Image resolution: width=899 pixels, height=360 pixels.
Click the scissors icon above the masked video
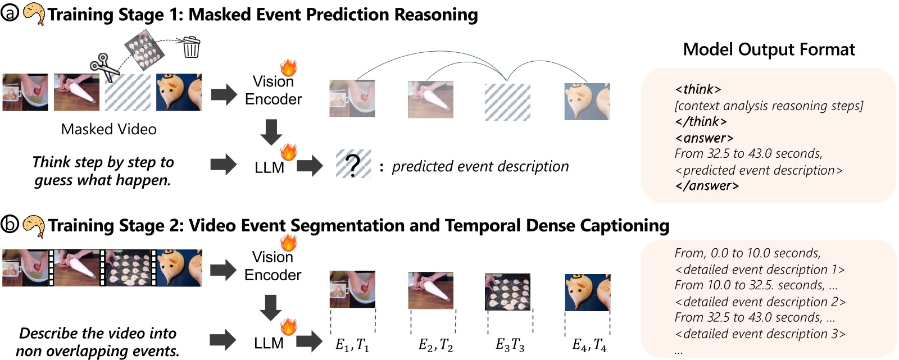105,67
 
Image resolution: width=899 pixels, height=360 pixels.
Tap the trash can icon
191,47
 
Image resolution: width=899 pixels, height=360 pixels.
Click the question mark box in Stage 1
353,164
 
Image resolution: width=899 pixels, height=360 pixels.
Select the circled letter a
10,12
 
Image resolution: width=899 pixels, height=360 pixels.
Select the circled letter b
10,224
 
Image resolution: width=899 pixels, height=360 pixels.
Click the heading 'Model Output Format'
769,49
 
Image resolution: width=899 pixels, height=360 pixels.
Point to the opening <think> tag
698,89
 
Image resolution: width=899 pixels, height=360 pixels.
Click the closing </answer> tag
707,186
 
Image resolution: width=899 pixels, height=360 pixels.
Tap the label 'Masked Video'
108,129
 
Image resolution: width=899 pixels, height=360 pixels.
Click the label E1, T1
352,345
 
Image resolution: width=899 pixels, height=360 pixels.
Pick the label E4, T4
589,345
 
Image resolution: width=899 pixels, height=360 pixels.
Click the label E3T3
510,345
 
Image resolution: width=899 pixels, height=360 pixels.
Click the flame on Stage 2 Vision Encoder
288,243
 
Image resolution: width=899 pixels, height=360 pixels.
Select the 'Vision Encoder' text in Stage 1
274,90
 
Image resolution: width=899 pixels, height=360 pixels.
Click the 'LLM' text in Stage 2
269,343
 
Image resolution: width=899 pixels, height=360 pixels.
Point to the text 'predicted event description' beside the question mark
480,166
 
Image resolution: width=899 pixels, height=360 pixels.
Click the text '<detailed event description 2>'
760,302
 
